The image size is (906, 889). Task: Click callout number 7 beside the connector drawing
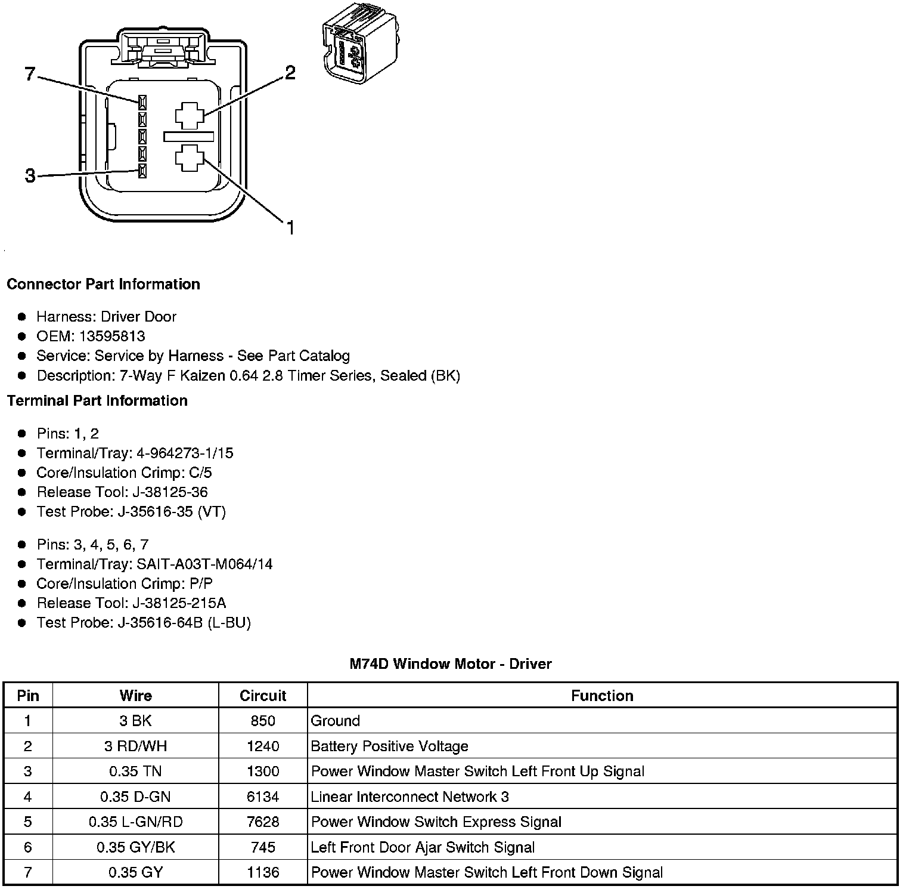pos(30,75)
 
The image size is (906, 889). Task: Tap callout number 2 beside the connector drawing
pos(290,73)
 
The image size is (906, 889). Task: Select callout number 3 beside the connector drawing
pos(30,176)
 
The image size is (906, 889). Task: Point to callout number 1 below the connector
pos(290,227)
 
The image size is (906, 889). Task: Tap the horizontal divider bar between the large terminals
pos(188,137)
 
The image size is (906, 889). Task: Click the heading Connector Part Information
pos(103,284)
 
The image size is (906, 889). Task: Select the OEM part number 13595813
pos(112,336)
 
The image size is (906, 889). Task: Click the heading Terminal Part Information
pos(97,400)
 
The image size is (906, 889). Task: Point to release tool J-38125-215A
pos(171,603)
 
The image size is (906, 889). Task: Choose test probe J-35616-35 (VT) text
pos(172,512)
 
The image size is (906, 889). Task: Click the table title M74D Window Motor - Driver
pos(451,663)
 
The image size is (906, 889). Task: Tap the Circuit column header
pos(263,696)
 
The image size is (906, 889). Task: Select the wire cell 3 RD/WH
pos(135,746)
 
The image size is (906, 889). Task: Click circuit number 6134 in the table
pos(263,797)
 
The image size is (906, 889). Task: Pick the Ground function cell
pos(336,721)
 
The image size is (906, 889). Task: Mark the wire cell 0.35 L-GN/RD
pos(135,822)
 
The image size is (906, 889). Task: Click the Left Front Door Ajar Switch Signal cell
pos(423,847)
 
